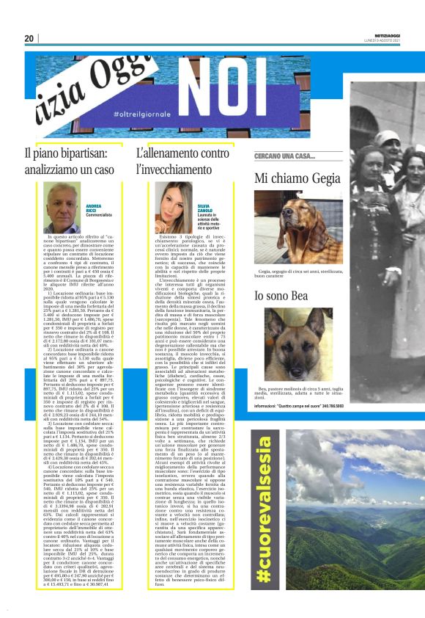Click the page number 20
(x=29, y=38)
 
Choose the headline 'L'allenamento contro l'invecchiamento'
(x=182, y=162)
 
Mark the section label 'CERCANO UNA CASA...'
(x=284, y=157)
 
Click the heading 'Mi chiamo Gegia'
(x=297, y=178)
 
